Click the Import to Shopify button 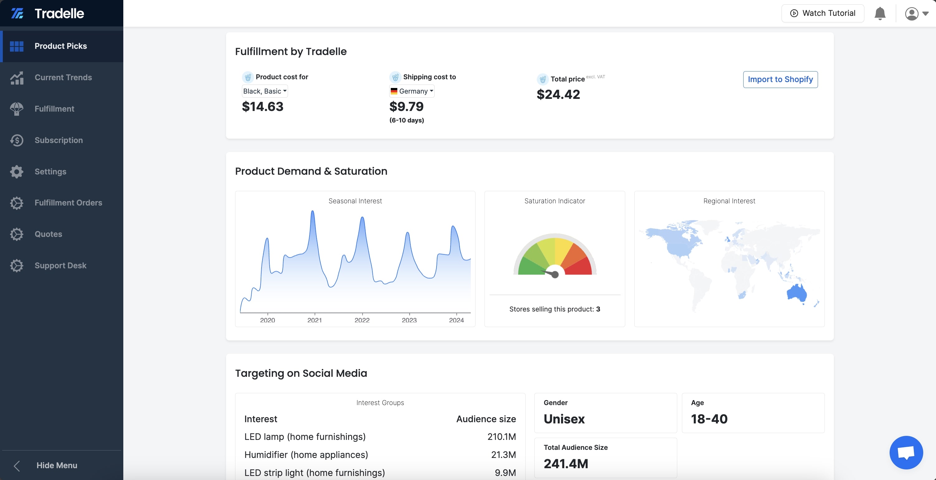tap(780, 80)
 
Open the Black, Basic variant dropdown tap(265, 91)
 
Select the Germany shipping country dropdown tap(412, 91)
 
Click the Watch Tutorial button tap(823, 13)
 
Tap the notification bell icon tap(880, 13)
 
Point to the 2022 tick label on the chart tap(362, 320)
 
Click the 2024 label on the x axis tap(456, 320)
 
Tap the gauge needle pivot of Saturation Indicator tap(555, 275)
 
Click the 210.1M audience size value tap(501, 436)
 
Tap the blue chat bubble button tap(906, 452)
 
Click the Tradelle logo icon tap(17, 13)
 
